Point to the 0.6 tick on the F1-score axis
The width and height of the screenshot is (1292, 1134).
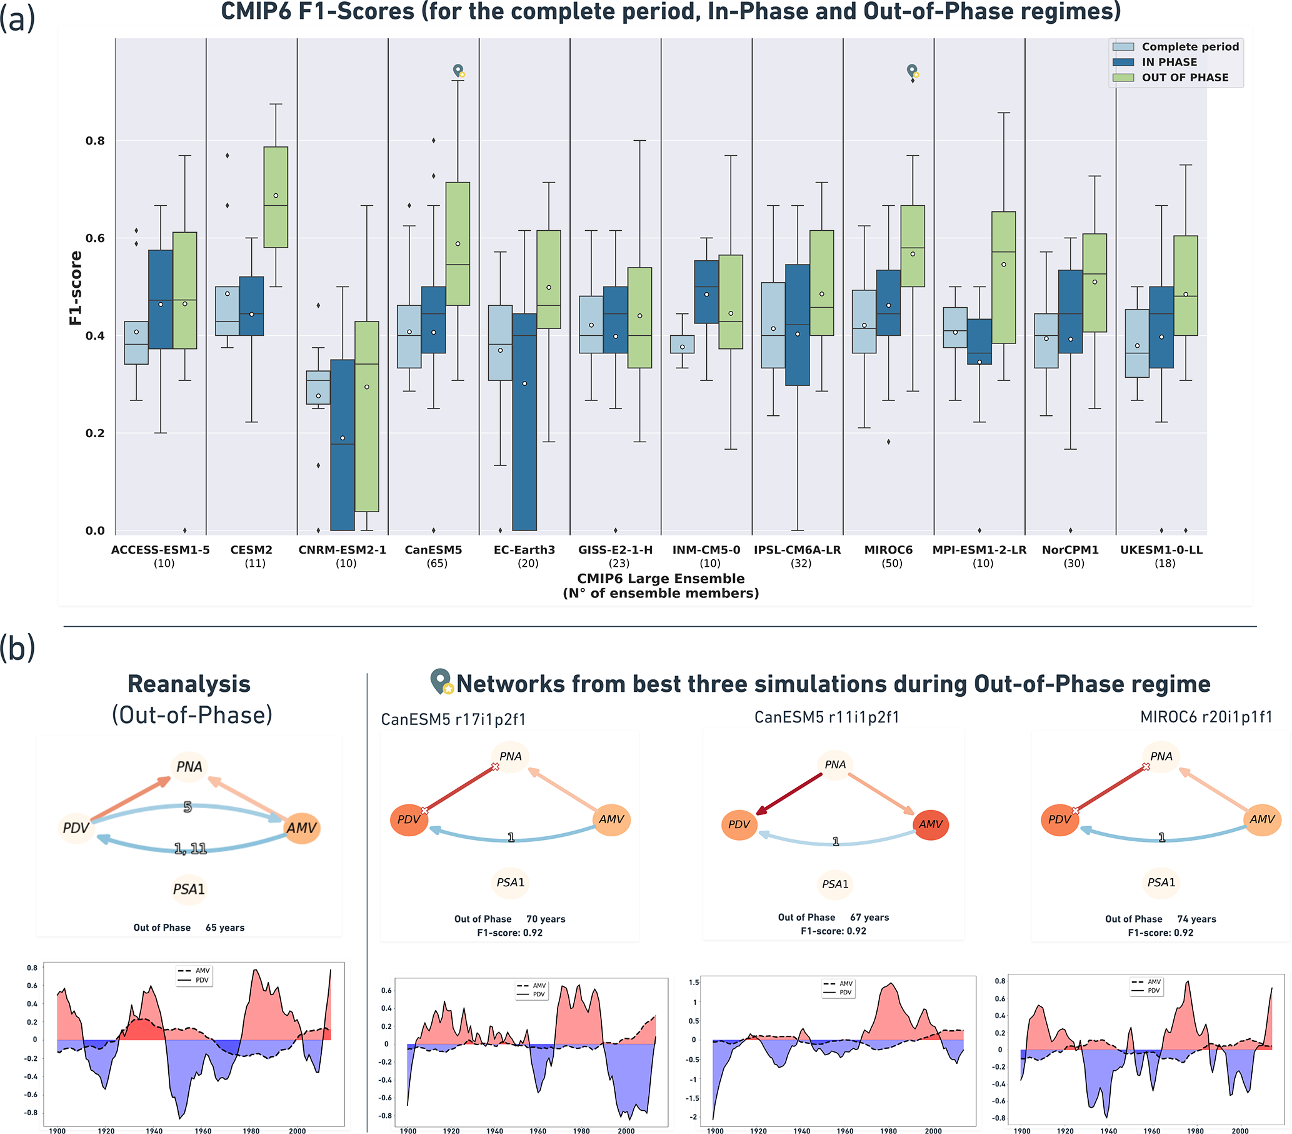coord(95,238)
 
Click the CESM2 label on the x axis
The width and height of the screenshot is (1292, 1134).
coord(251,550)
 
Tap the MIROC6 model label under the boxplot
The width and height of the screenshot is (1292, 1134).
coord(888,550)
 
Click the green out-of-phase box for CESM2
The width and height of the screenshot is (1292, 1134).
coord(276,197)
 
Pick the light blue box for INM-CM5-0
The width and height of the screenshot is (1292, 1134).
coord(682,344)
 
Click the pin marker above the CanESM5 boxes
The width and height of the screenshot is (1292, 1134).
coord(458,70)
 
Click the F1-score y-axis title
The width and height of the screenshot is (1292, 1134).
coord(76,288)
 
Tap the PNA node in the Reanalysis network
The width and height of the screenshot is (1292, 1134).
coord(189,767)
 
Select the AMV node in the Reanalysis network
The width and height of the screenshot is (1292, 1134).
coord(301,828)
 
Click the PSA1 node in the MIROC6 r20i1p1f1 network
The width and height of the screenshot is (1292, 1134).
coord(1161,883)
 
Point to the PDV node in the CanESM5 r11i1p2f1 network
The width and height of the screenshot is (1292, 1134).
coord(738,825)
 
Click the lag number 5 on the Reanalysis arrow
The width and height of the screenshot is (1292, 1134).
coord(187,807)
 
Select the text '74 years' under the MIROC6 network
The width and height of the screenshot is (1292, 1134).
coord(1196,919)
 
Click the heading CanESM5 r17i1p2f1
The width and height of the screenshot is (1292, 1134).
coord(453,719)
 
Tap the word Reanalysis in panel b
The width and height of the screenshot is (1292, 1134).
coord(189,684)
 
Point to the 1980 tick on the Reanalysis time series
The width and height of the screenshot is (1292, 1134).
coord(251,1131)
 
